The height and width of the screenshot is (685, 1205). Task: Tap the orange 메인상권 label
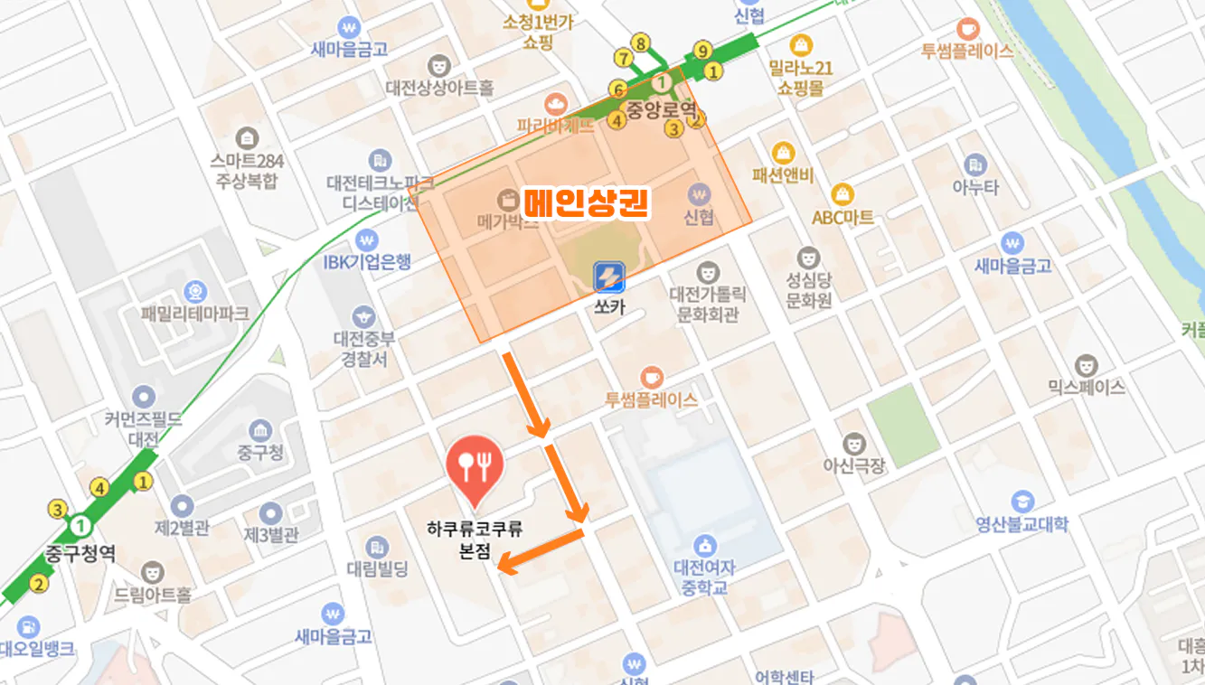[587, 202]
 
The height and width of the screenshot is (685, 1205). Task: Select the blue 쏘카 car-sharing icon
[609, 277]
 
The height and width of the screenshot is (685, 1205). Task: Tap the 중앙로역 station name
[664, 109]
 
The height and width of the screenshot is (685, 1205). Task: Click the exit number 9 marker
[702, 51]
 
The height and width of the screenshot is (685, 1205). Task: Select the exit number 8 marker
[641, 42]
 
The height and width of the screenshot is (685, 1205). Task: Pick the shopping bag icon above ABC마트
[843, 193]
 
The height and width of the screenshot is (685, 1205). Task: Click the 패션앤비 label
[783, 175]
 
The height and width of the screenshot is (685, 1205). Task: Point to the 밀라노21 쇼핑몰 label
[800, 78]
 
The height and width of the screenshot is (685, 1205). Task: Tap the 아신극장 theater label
[853, 466]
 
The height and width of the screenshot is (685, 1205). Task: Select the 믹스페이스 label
[1087, 387]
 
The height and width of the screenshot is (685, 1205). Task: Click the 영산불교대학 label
[1022, 523]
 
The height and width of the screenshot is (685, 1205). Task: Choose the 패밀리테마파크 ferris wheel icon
[194, 292]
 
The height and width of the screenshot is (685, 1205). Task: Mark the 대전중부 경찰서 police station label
[363, 349]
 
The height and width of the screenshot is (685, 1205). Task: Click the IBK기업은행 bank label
[367, 261]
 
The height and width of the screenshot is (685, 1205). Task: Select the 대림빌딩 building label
[378, 569]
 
